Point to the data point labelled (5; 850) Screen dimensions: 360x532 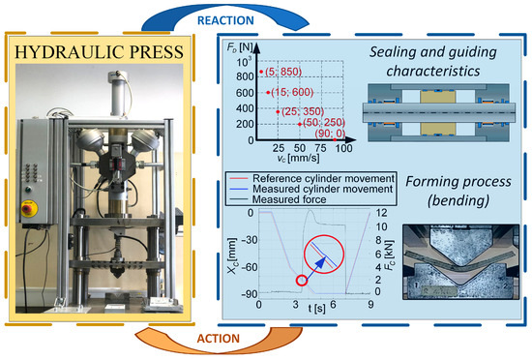point(260,71)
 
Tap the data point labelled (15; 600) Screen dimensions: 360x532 point(268,92)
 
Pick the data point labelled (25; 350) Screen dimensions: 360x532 point(277,112)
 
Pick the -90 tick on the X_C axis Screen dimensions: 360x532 point(248,292)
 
